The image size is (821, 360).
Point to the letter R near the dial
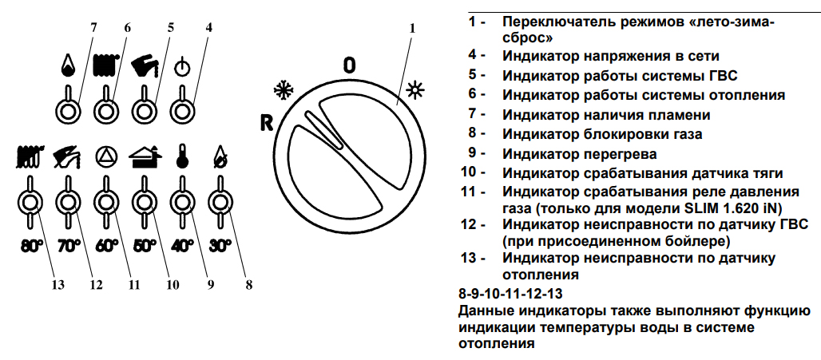pos(267,123)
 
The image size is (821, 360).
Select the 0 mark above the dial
pos(349,65)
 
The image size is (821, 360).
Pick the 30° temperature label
pos(220,246)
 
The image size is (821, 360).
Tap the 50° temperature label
pos(145,246)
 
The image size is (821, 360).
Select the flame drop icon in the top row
pos(68,65)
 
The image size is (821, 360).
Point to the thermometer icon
pos(181,156)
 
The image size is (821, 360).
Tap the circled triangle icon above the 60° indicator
pos(105,156)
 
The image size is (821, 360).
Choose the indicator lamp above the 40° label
pos(182,203)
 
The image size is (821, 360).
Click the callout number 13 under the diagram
pos(58,285)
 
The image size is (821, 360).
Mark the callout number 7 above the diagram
pos(93,27)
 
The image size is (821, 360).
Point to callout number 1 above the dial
pos(412,28)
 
